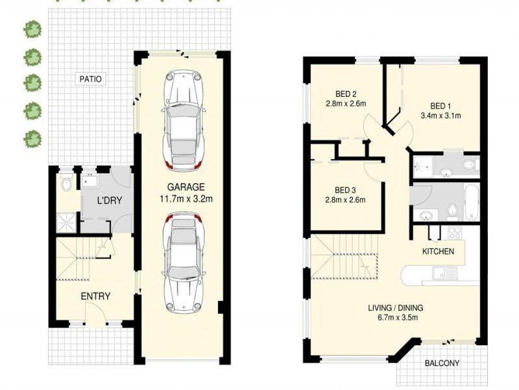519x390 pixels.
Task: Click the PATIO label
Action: click(x=90, y=79)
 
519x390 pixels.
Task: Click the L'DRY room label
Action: click(x=109, y=201)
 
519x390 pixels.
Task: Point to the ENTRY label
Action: click(x=95, y=296)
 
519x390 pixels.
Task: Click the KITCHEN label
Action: click(x=438, y=252)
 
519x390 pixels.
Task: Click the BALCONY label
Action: click(x=442, y=363)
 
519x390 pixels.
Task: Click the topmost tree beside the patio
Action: click(x=32, y=29)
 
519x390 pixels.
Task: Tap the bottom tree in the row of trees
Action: click(x=32, y=138)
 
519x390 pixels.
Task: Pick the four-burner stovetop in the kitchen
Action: click(x=453, y=233)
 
